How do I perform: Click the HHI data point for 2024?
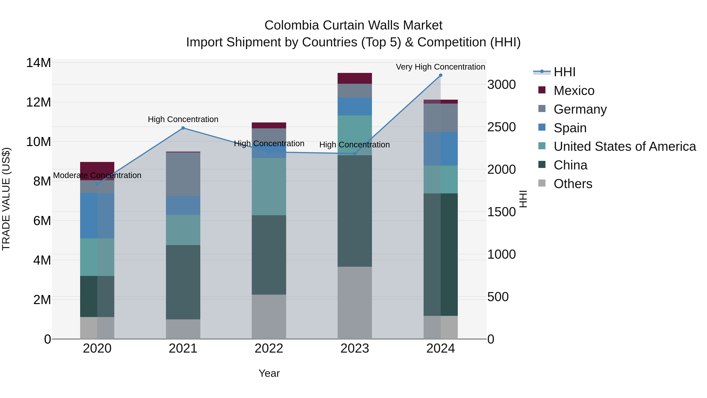click(441, 75)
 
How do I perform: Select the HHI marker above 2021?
click(183, 128)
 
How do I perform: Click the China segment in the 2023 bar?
click(355, 211)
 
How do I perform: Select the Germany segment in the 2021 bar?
click(183, 174)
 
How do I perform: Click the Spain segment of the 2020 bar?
click(97, 216)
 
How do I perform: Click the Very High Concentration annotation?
click(440, 67)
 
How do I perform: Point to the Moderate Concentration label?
click(97, 175)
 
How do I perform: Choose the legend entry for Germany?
click(580, 109)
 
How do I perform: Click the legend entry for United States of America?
click(624, 146)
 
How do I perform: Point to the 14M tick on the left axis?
click(38, 63)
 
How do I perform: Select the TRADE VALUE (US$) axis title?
click(6, 199)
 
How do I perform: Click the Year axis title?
click(269, 373)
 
